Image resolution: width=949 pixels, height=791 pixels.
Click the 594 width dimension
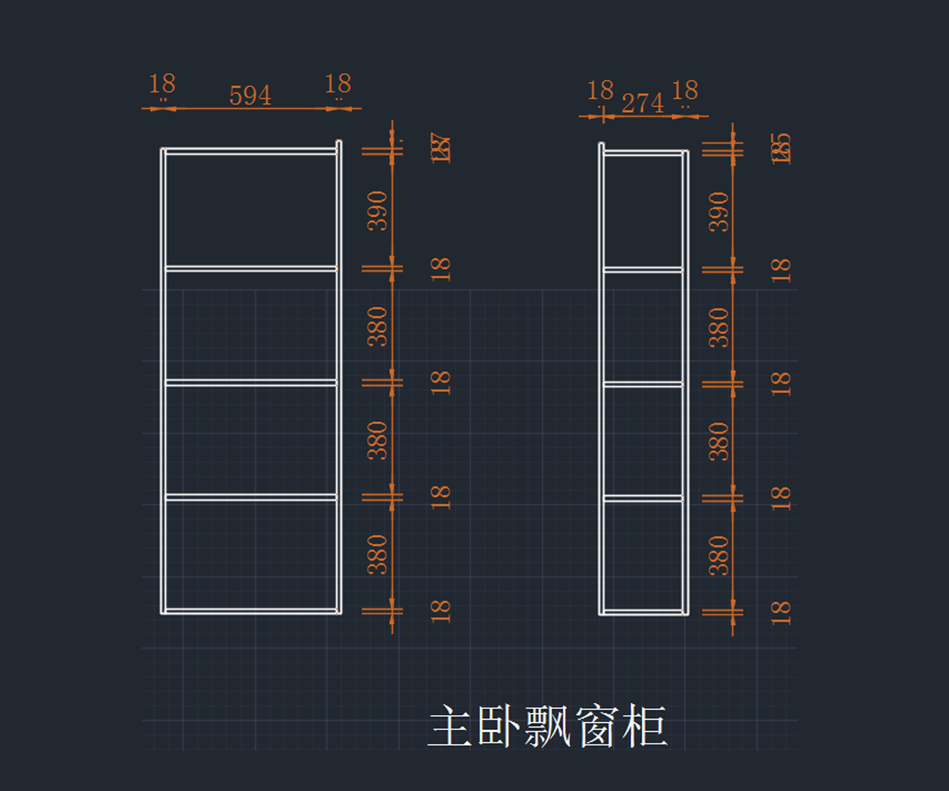coord(250,96)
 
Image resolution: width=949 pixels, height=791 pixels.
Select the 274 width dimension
coord(642,103)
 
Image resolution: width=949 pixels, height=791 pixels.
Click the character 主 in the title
coord(452,728)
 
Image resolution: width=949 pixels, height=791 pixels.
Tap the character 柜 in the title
coord(644,728)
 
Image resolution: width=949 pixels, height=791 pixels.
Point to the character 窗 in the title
coord(595,728)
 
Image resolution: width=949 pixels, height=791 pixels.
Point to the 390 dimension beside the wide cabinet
coord(379,210)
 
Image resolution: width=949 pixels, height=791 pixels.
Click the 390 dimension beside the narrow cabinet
coord(718,211)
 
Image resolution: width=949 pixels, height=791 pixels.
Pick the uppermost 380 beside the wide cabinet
coord(379,326)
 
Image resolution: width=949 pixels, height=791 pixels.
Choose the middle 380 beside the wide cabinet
coord(379,440)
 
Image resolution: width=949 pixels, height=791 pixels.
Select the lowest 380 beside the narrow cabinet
coord(718,554)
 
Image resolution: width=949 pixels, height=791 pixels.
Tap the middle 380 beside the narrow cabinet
coord(718,441)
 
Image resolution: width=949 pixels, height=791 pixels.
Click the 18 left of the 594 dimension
coord(162,84)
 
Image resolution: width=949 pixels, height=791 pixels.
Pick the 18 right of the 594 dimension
coord(338,84)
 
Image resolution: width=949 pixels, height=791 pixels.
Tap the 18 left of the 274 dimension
coord(600,91)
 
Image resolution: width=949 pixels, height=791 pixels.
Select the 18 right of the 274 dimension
coord(685,91)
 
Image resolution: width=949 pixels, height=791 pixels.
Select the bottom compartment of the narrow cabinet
coord(643,554)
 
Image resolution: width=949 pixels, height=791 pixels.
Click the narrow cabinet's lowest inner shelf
coord(643,498)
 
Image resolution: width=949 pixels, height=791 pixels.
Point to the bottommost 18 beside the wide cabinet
coord(440,610)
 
